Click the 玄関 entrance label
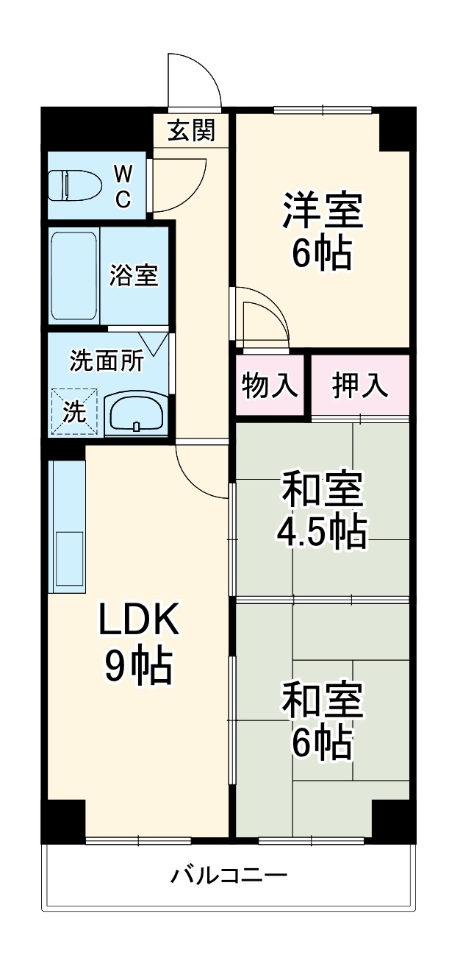click(192, 131)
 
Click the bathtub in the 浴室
click(73, 276)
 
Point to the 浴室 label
click(134, 276)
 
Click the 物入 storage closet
click(270, 386)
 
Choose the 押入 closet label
click(360, 386)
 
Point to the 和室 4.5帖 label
click(322, 508)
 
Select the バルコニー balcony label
click(229, 876)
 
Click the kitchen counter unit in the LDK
click(68, 526)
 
